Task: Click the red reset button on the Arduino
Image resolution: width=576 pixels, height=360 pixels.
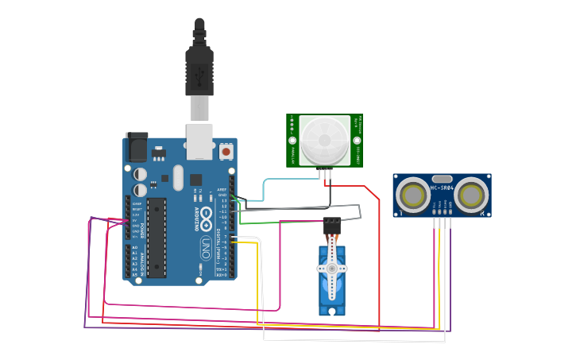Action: pyautogui.click(x=226, y=150)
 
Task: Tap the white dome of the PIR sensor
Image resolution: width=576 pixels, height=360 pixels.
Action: pyautogui.click(x=324, y=140)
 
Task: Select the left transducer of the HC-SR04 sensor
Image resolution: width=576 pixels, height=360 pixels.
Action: pyautogui.click(x=413, y=195)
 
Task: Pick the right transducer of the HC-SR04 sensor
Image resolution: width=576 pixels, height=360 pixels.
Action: pyautogui.click(x=470, y=195)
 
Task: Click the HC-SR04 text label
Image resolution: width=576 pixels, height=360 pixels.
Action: pyautogui.click(x=442, y=188)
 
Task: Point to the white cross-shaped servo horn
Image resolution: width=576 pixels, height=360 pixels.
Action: pyautogui.click(x=331, y=269)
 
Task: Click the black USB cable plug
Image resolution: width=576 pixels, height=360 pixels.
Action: pyautogui.click(x=199, y=68)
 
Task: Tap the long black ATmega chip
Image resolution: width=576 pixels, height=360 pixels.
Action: pyautogui.click(x=157, y=237)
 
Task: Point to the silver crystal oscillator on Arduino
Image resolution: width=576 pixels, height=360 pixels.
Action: pyautogui.click(x=177, y=178)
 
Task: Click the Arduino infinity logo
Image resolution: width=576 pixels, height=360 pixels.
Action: pyautogui.click(x=206, y=215)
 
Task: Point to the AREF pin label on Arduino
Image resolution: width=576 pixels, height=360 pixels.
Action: pyautogui.click(x=222, y=189)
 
